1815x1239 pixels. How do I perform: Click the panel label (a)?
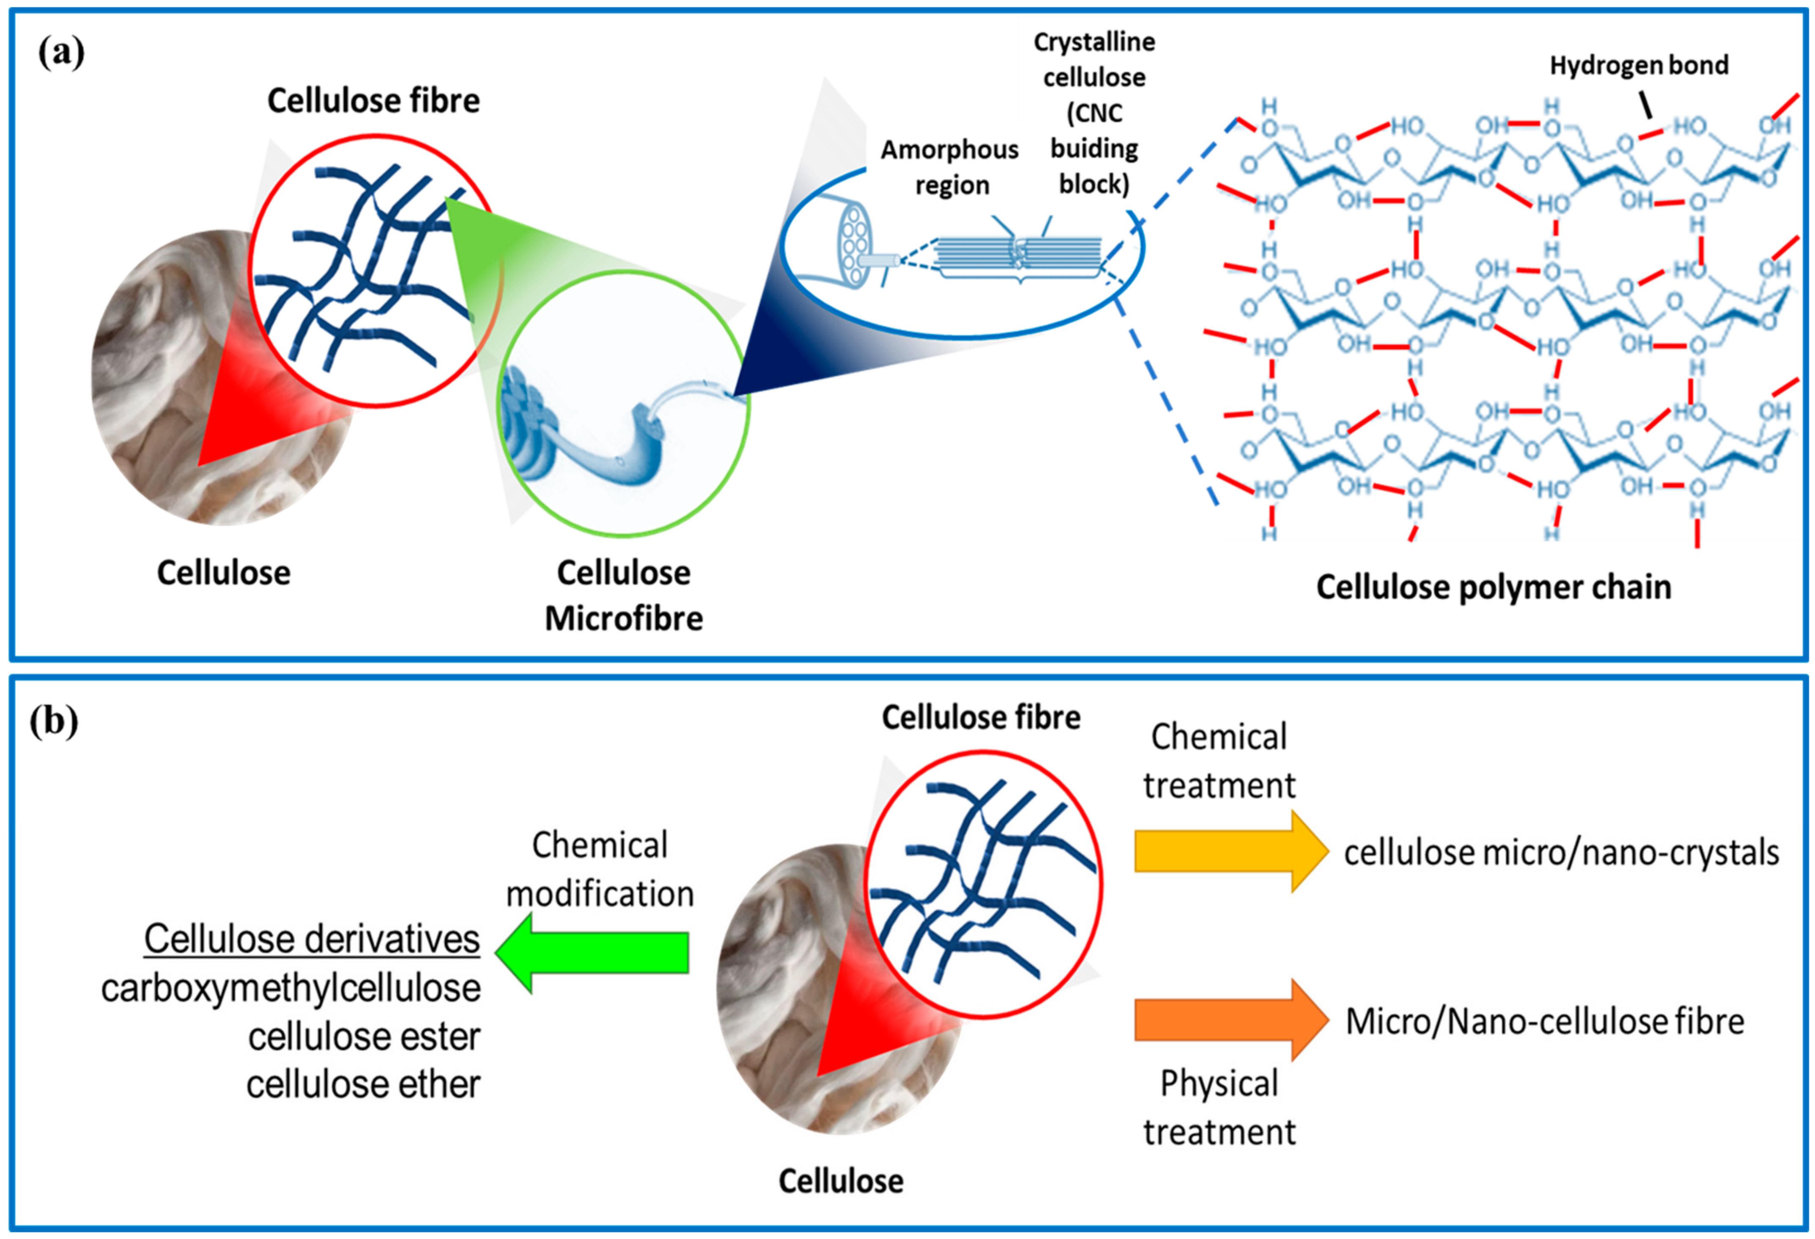[x=61, y=53]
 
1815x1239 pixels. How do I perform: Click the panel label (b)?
[x=54, y=721]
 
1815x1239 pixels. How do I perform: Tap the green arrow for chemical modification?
[x=592, y=953]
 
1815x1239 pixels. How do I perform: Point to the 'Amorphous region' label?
[x=950, y=167]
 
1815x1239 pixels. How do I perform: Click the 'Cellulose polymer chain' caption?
[x=1493, y=587]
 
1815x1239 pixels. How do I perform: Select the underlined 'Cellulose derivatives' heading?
[x=312, y=938]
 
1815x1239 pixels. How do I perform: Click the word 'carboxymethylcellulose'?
[x=291, y=988]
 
